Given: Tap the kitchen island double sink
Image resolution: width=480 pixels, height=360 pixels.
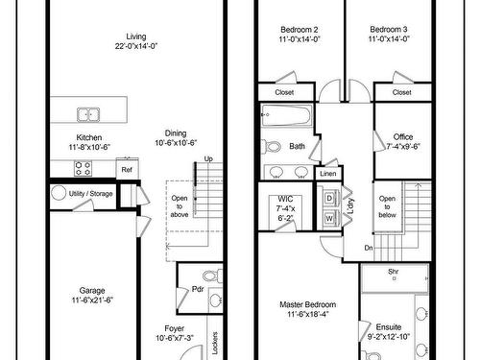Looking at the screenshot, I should pos(89,114).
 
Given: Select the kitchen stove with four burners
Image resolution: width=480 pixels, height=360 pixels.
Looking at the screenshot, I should pos(84,168).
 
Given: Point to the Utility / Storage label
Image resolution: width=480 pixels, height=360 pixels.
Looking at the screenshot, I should pos(92,193).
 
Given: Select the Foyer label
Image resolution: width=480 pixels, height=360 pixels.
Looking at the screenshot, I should pos(175,327).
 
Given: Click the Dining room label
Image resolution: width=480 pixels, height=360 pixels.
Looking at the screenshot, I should pos(176,133).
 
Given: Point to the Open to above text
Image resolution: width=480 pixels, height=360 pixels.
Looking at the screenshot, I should pos(180,206).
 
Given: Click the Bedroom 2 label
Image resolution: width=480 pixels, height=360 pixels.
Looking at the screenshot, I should pos(300,29).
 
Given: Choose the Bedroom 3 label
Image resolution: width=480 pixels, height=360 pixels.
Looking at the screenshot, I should pos(388,29).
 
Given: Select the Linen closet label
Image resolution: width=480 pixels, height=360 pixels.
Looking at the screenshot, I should pos(328,174).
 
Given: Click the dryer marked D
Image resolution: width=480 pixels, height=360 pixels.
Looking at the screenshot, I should pos(329,199).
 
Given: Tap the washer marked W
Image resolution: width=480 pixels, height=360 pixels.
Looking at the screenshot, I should pos(329,218).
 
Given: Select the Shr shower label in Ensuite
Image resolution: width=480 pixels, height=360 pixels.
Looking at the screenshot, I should pos(394,272).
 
